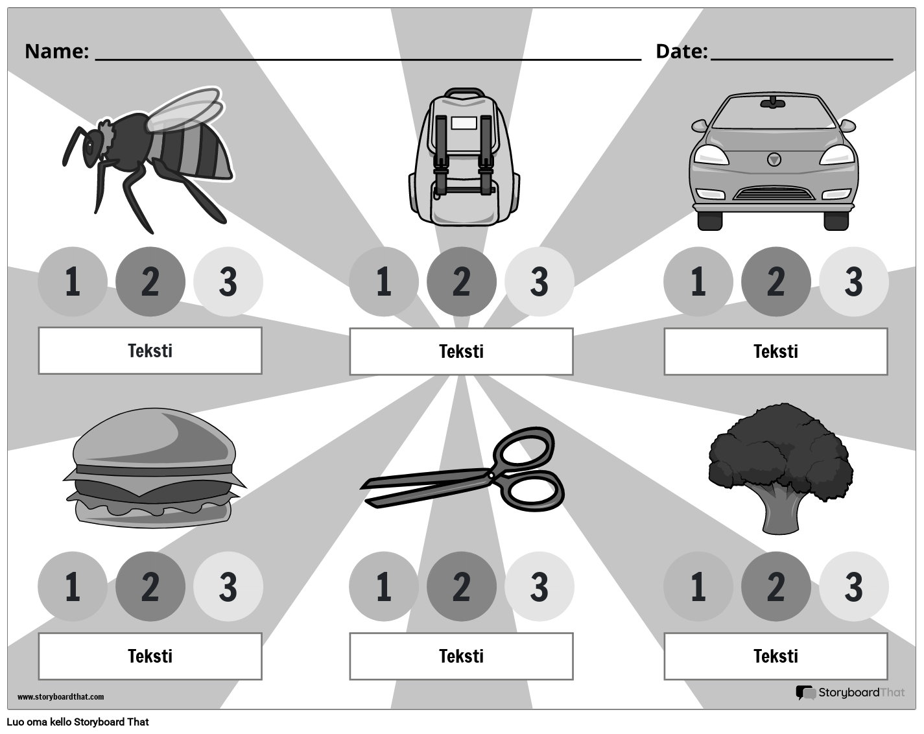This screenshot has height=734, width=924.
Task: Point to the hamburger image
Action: (x=154, y=467)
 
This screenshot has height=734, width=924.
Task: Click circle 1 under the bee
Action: (x=72, y=282)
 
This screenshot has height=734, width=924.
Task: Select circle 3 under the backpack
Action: (x=539, y=282)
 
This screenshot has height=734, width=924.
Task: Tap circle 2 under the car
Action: (x=776, y=282)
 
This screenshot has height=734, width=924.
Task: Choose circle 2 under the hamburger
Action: (x=150, y=587)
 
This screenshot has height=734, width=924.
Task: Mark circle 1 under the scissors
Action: (x=383, y=587)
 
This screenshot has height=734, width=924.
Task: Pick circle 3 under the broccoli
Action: (x=853, y=587)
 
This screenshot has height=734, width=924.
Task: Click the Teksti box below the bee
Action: (x=150, y=351)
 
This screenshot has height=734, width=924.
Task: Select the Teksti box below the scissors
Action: (x=461, y=656)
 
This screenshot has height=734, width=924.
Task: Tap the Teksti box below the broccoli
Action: (x=776, y=656)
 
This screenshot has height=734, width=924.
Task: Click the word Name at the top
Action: (x=56, y=51)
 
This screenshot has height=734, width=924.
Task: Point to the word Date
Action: (x=681, y=51)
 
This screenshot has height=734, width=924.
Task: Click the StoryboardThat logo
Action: (x=850, y=693)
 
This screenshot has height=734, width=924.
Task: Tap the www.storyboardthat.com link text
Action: (x=60, y=697)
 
